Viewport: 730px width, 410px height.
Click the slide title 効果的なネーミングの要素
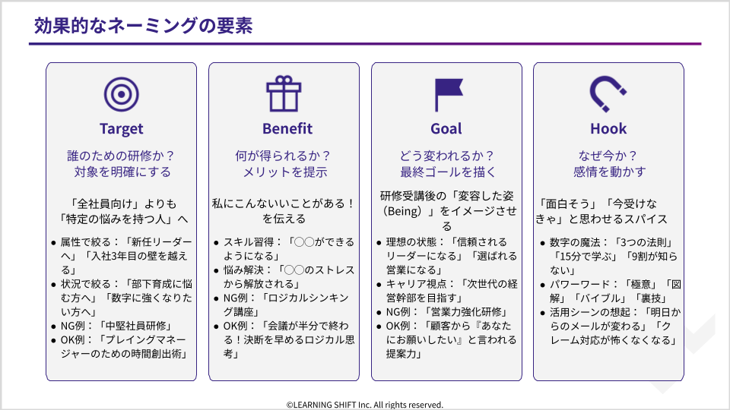coord(144,26)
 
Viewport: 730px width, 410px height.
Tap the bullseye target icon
coord(122,94)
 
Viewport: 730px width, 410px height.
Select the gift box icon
coord(284,94)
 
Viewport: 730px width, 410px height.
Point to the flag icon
coord(449,95)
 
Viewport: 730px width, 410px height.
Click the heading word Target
coord(122,129)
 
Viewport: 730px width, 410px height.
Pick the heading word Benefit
coord(287,128)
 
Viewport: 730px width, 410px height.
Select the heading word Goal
coord(446,128)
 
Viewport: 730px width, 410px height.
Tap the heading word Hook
coord(608,128)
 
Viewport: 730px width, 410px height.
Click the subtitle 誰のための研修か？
coord(121,156)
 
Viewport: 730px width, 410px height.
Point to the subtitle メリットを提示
coord(285,172)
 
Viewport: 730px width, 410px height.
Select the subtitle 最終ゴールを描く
coord(449,172)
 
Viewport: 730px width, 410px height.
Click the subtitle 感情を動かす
coord(609,172)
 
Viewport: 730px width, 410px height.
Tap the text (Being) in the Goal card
coord(403,212)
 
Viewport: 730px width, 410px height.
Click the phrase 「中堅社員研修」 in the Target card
coord(135,326)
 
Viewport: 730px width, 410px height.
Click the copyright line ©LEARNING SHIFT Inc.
coord(365,405)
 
